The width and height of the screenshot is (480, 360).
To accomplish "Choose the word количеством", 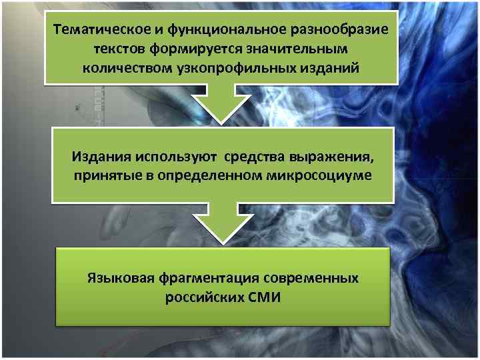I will click(x=123, y=68).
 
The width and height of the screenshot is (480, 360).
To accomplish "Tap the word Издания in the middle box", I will click(x=101, y=157).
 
